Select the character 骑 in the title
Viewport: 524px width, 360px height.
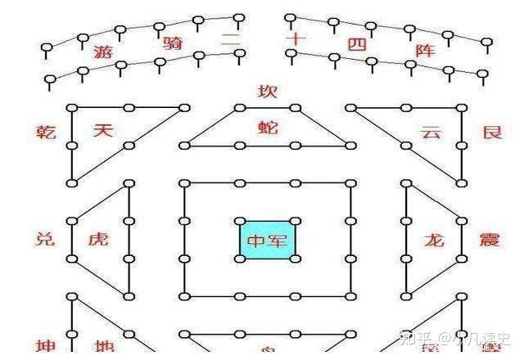coord(173,43)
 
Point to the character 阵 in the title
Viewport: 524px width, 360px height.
coord(427,50)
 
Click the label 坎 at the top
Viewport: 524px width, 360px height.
coord(267,91)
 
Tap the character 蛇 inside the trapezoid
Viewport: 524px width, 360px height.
coord(267,127)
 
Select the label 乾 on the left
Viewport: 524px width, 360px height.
coord(46,131)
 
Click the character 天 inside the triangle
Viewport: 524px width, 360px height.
coord(102,130)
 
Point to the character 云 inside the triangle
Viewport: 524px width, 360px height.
coord(431,131)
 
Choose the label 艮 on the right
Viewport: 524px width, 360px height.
coord(491,131)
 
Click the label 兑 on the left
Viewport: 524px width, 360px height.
coord(46,240)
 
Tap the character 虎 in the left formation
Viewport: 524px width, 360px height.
coord(97,240)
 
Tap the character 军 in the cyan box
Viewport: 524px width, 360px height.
coord(279,241)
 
